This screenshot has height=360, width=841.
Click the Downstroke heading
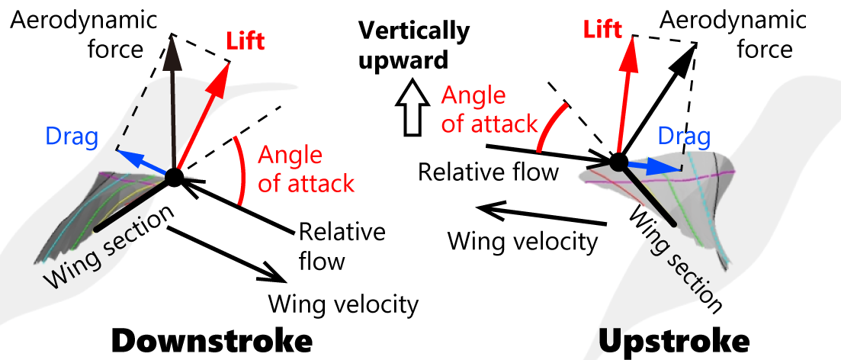point(211,340)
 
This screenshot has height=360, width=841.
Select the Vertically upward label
point(415,44)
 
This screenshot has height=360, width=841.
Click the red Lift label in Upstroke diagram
point(604,30)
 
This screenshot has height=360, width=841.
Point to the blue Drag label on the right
point(684,137)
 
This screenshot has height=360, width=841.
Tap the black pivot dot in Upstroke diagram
point(618,162)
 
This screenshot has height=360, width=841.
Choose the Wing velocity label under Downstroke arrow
point(343,304)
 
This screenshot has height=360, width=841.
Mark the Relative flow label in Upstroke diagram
point(489,172)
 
